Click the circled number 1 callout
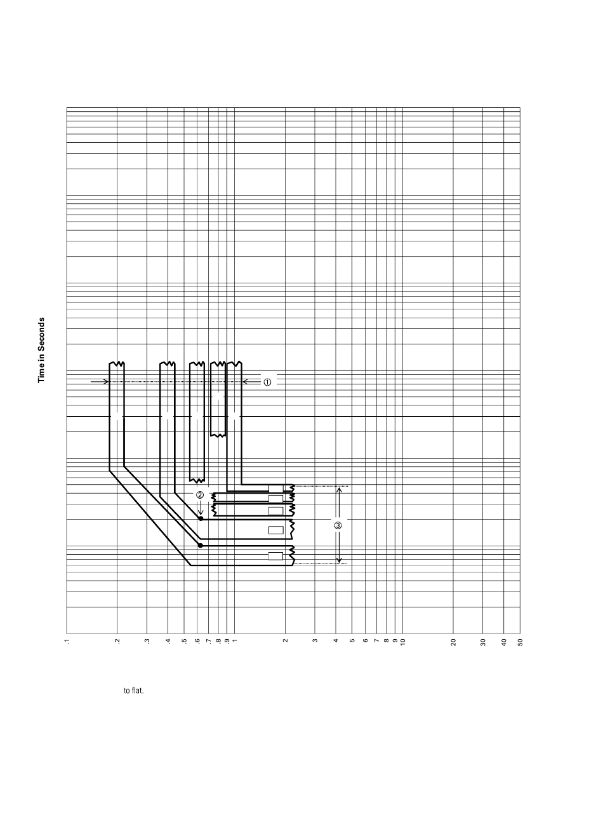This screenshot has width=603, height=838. click(x=267, y=382)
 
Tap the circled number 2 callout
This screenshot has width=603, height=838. click(x=200, y=496)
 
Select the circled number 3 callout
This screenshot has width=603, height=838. click(x=338, y=525)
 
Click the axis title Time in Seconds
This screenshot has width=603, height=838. click(x=42, y=349)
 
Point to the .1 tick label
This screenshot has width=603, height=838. click(x=67, y=642)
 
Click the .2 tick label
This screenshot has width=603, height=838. click(x=117, y=642)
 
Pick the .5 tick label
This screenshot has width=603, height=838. click(x=184, y=642)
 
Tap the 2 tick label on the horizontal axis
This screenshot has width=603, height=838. click(x=285, y=642)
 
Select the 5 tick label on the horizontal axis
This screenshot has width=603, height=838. click(x=352, y=642)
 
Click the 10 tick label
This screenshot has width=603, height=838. click(x=402, y=642)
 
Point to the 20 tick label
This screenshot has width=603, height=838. click(x=453, y=642)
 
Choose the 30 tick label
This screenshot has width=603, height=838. click(x=483, y=642)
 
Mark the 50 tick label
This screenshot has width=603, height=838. click(x=520, y=642)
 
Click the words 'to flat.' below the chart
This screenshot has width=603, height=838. click(x=133, y=691)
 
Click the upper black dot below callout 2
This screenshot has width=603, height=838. click(x=201, y=519)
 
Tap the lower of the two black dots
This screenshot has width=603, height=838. click(x=201, y=545)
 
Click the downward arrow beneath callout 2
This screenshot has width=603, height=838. click(x=200, y=508)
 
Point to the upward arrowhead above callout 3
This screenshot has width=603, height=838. click(x=339, y=490)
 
